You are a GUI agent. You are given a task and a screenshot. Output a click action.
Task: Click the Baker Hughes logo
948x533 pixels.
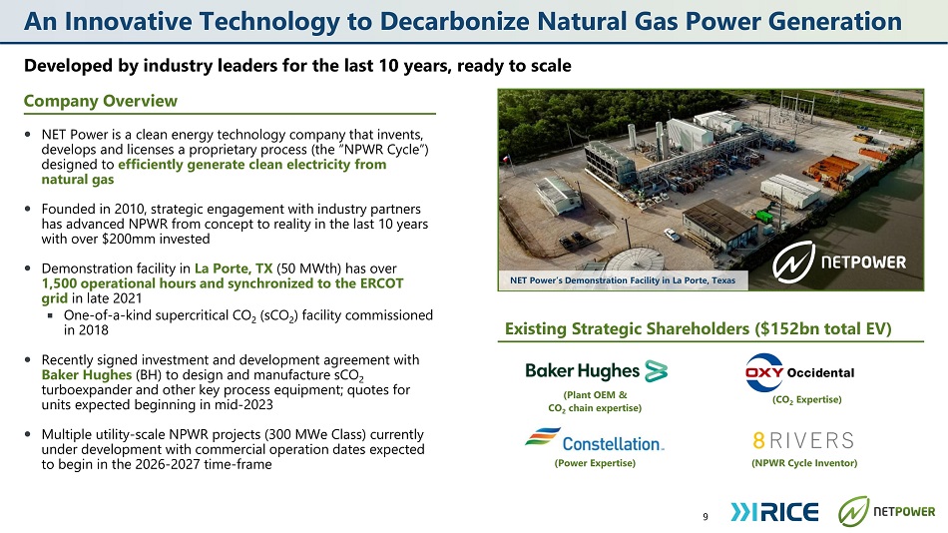tap(596, 371)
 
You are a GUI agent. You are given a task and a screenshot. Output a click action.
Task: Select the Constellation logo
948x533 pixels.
tap(595, 440)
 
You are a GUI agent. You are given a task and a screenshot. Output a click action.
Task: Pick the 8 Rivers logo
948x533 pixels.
tap(803, 440)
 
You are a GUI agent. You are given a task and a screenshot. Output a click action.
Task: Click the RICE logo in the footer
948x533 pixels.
tap(774, 512)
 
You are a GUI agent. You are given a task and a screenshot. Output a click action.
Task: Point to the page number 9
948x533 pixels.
tap(706, 517)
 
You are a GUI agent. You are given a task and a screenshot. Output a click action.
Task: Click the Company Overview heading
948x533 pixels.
tap(101, 101)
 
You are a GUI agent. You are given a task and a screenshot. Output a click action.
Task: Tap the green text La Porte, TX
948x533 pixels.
tap(234, 268)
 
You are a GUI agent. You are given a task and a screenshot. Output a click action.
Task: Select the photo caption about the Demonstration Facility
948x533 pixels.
tap(623, 280)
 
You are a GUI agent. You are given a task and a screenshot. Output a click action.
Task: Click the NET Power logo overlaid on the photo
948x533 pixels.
tap(840, 262)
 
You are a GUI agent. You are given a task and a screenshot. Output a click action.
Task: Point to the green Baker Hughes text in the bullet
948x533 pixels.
tap(87, 374)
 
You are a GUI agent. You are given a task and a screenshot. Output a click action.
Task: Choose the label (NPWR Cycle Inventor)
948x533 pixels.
tap(804, 463)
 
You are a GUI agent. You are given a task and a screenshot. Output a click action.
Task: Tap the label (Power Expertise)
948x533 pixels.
tap(595, 463)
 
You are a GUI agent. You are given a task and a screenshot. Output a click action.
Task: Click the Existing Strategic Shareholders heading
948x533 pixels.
tap(699, 328)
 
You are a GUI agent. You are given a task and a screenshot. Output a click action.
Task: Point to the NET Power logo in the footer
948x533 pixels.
tap(886, 511)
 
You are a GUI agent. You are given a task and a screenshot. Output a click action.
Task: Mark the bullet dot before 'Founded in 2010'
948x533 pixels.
tap(28, 209)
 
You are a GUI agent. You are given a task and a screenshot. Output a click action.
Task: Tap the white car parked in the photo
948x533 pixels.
tap(672, 235)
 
